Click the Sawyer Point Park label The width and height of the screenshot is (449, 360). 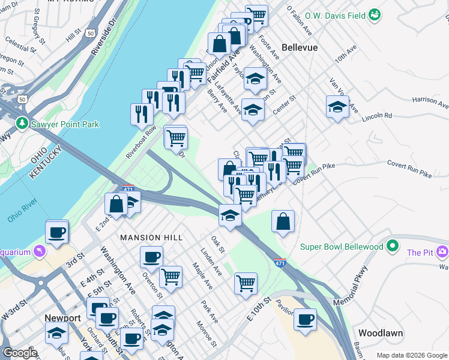pos(65,124)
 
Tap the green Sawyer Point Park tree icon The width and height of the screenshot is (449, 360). pos(22,124)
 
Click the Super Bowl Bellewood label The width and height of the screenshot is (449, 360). pos(342,247)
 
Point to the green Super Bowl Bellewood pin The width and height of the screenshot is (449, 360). pos(393,246)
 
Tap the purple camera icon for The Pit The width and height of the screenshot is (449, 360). pos(442,252)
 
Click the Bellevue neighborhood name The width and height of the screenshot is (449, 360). pos(299,46)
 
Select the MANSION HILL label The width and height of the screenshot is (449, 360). pos(151,238)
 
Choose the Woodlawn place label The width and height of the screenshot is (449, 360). pos(381,332)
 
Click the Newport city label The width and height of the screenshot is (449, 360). pos(62,317)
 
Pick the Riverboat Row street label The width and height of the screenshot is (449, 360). pos(140,142)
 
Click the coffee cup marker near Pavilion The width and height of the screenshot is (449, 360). pos(305,320)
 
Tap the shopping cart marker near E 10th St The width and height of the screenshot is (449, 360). pos(246,283)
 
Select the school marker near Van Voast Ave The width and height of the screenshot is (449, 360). pos(337,108)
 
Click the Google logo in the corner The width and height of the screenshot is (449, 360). pos(20,353)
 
